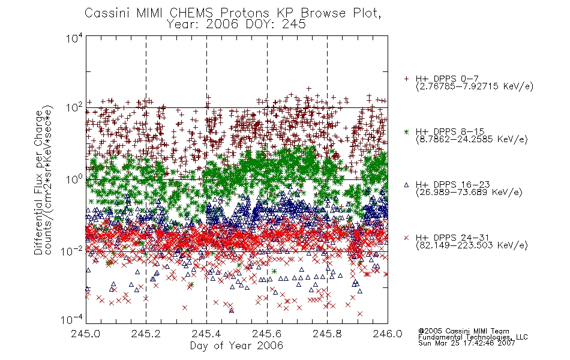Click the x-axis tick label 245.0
85,334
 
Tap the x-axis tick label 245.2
146,334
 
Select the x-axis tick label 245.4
206,334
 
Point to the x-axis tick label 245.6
267,334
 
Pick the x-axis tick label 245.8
327,334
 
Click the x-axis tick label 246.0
388,334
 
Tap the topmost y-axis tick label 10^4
74,38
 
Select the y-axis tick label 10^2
74,107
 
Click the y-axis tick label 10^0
74,179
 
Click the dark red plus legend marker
406,79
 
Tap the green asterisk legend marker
406,131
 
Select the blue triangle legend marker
406,185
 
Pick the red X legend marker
406,238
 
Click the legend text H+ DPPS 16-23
453,185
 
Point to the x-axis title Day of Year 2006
236,346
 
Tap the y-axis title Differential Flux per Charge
38,182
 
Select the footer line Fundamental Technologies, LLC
473,337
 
